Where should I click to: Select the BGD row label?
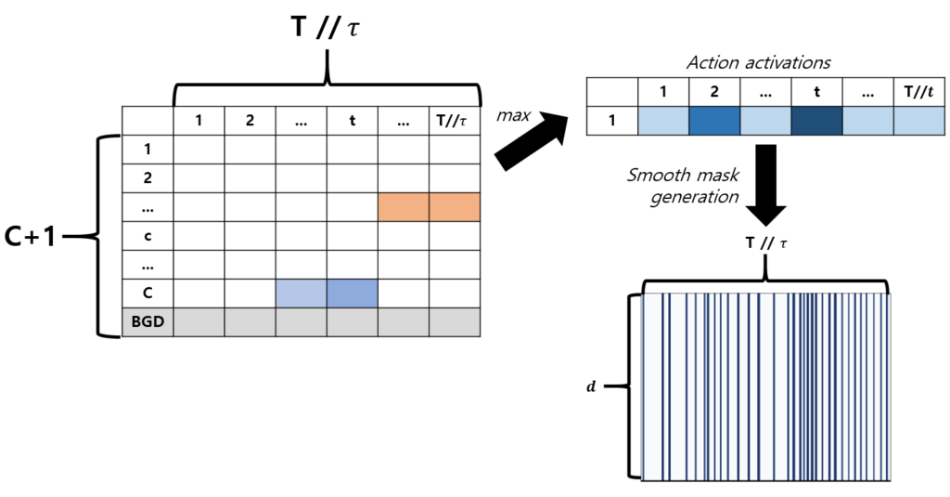tap(148, 321)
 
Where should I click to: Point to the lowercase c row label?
tap(148, 236)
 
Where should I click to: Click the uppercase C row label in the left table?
tap(148, 294)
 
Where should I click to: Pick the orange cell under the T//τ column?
tap(454, 207)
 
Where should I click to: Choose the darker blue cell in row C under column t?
tap(352, 294)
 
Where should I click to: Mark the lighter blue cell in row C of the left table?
tap(302, 294)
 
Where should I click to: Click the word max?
tap(513, 115)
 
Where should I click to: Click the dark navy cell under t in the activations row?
tap(815, 121)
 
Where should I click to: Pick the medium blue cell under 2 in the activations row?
tap(713, 121)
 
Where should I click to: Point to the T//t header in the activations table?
tap(918, 92)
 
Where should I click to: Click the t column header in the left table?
tap(352, 120)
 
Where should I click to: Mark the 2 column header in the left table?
tap(250, 120)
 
